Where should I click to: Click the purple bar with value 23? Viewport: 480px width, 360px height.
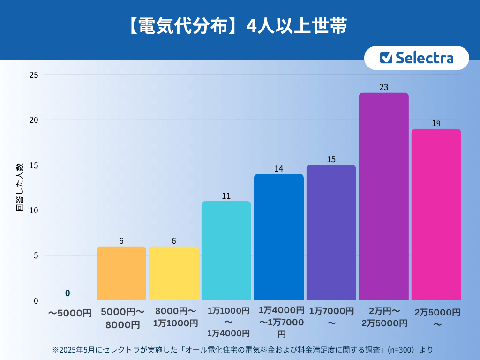383,196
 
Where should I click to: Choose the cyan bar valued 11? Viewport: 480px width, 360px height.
226,251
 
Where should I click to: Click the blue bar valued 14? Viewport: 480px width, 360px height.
278,237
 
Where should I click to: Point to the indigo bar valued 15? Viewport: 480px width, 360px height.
331,232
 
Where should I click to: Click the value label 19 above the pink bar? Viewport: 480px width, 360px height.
436,124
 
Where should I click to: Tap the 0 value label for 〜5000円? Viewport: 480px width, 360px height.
67,293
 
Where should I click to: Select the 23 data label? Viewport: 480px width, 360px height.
383,87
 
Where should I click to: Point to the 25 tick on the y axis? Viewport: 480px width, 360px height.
34,75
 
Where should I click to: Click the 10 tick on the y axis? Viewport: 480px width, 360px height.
34,210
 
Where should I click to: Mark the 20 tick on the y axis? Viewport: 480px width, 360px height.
34,120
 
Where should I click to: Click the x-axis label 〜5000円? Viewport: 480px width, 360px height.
70,313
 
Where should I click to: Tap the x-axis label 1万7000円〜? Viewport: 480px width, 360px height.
331,317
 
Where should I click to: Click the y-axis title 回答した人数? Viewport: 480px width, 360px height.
20,187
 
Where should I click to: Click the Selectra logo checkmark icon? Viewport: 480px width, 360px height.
386,58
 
